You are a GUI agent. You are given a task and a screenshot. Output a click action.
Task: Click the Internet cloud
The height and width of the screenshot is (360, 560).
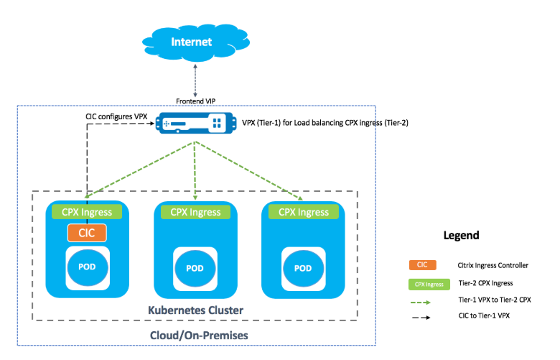(192, 42)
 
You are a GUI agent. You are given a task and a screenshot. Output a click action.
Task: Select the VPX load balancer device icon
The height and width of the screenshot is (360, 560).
(195, 124)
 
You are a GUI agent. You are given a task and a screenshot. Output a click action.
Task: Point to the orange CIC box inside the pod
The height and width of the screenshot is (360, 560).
(87, 233)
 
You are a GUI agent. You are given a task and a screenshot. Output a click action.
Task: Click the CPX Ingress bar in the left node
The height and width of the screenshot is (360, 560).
(87, 212)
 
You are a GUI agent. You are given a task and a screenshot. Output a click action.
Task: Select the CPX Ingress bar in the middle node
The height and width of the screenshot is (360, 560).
(195, 212)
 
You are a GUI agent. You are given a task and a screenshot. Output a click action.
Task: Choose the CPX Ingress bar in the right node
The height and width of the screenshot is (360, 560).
(303, 212)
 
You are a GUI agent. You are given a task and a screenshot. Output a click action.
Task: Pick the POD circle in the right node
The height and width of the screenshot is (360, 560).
(303, 268)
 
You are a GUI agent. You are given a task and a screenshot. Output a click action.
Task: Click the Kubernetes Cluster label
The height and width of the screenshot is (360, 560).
(195, 310)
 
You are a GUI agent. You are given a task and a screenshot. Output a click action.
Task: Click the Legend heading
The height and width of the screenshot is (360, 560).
(461, 236)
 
